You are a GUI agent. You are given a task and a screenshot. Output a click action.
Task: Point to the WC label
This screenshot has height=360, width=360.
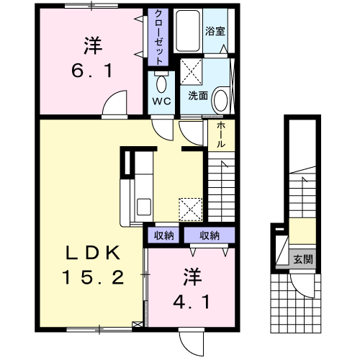[161, 102]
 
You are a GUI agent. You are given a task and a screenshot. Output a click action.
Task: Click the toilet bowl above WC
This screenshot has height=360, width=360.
[161, 78]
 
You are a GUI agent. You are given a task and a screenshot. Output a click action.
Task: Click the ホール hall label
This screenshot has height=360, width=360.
[220, 134]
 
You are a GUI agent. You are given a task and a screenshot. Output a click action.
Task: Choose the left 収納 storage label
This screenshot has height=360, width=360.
[163, 235]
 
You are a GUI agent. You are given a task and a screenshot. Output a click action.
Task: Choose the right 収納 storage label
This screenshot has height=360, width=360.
[210, 235]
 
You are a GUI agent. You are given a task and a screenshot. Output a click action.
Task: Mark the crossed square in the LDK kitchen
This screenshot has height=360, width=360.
[191, 210]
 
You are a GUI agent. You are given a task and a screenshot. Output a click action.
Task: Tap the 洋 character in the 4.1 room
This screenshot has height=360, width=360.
[190, 276]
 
